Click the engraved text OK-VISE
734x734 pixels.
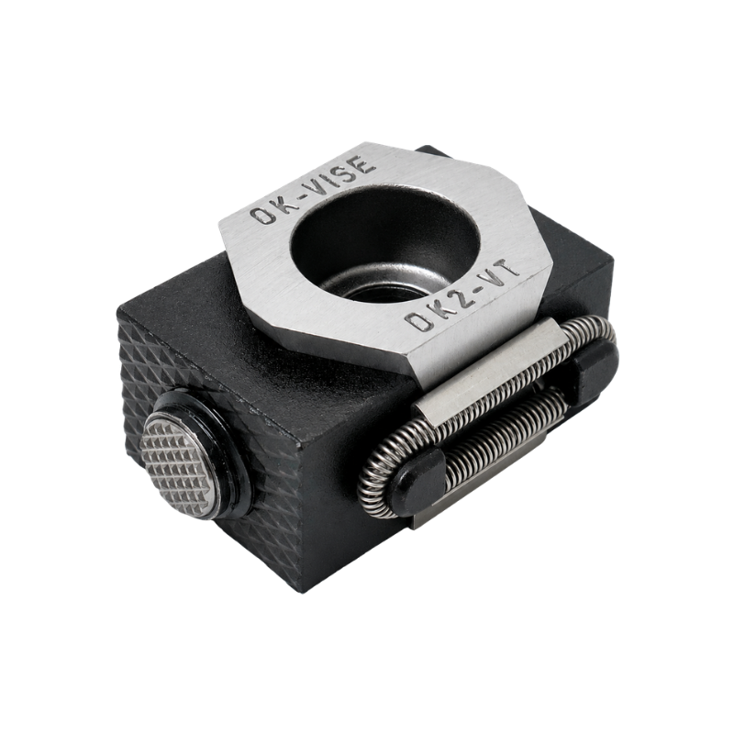click(313, 190)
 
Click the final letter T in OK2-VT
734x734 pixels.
click(507, 267)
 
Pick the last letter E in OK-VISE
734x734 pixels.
click(363, 165)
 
